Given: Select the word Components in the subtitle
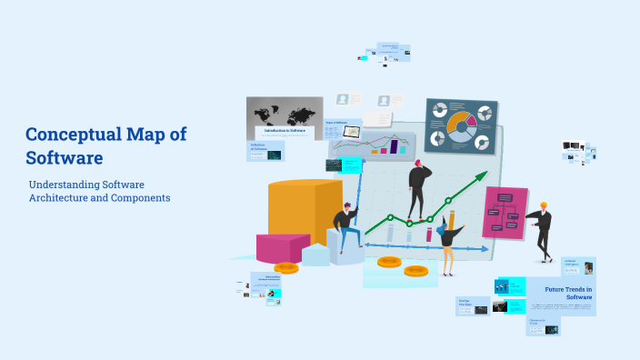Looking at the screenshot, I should click(x=135, y=197).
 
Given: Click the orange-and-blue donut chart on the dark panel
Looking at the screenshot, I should click(x=462, y=127).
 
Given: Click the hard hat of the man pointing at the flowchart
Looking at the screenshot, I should click(x=544, y=205).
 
